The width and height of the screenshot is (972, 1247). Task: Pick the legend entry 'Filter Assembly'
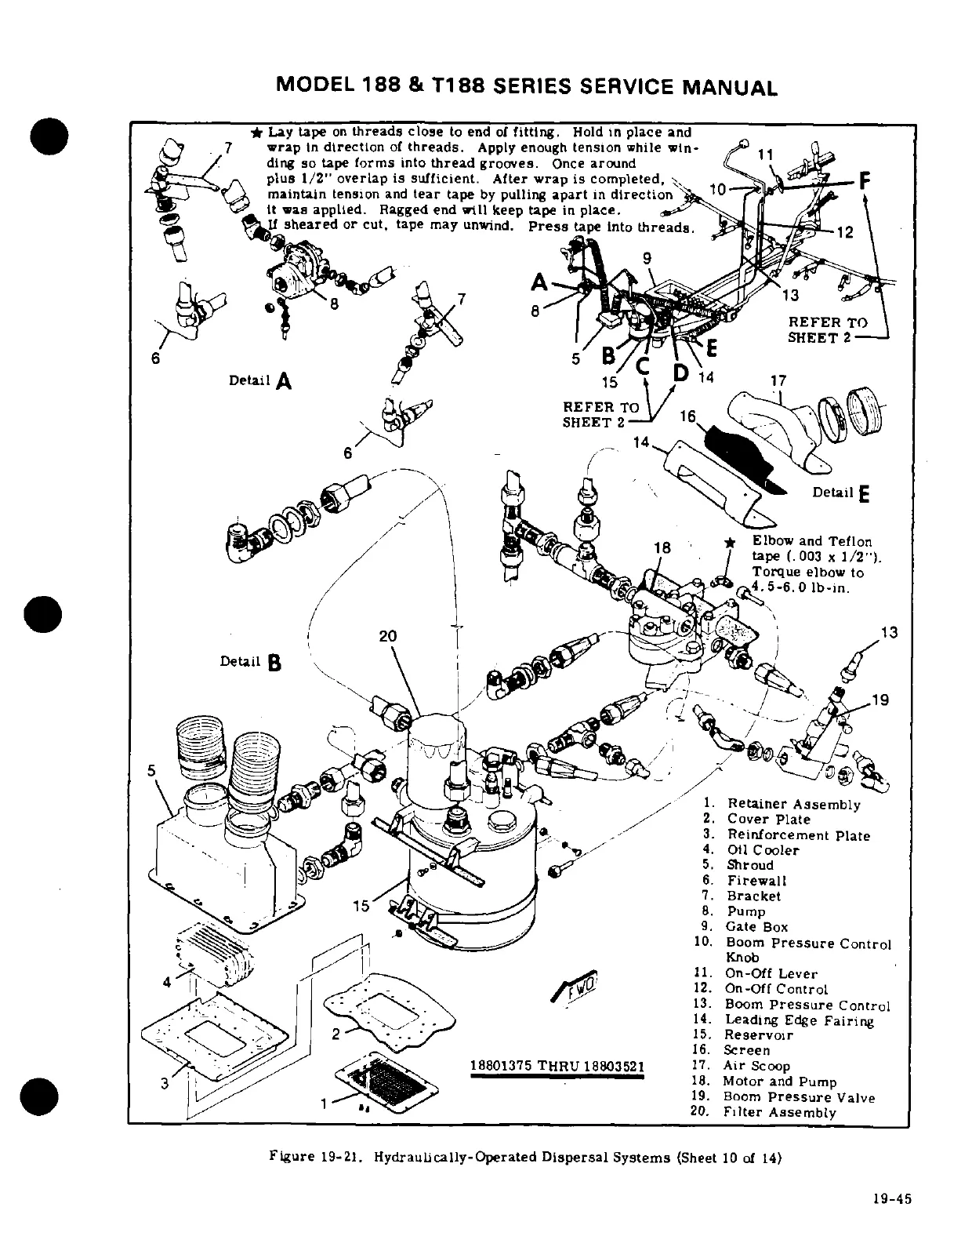pos(780,1112)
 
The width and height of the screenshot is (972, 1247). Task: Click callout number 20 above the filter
pos(388,636)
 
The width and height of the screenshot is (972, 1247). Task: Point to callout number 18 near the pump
pos(662,548)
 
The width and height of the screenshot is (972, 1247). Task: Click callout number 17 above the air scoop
pos(778,381)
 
